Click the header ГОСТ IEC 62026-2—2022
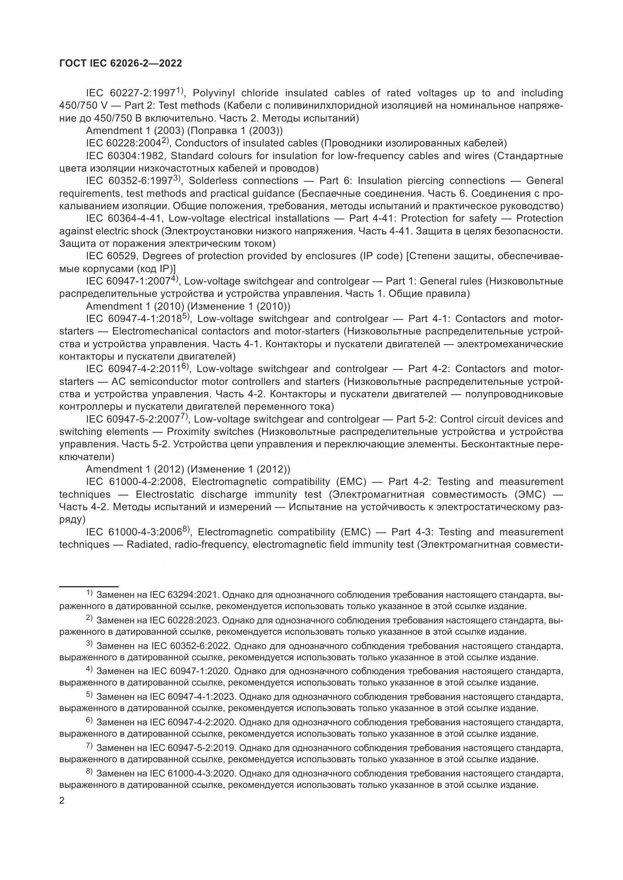click(x=121, y=64)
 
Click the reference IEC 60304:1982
click(x=125, y=156)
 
